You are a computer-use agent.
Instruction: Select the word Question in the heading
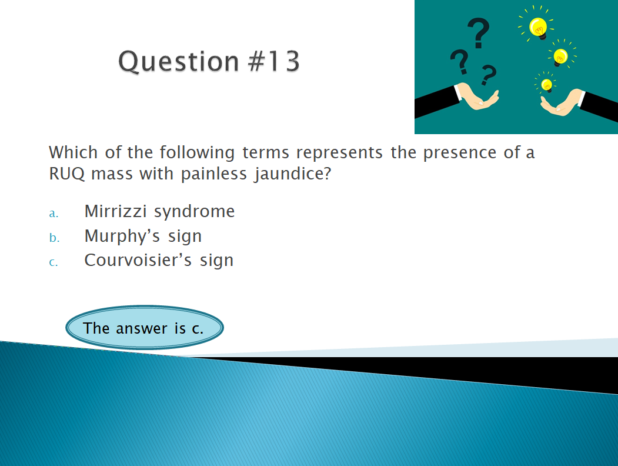pos(179,62)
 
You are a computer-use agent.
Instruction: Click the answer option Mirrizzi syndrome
pos(159,212)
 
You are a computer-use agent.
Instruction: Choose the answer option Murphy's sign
pos(143,237)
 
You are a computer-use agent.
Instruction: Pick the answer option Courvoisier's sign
pos(159,261)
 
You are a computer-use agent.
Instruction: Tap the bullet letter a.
pos(54,214)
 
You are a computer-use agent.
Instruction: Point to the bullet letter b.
pos(54,237)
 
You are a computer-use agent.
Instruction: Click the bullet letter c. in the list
pos(54,262)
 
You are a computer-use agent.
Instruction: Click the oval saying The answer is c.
pos(145,328)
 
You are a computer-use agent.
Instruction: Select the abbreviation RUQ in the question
pos(66,174)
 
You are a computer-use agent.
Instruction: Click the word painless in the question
pos(213,174)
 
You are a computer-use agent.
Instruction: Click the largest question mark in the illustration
pos(479,32)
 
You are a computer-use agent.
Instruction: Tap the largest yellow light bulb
pos(538,27)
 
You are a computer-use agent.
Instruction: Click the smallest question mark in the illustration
pos(488,75)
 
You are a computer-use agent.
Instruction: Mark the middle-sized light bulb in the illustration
pos(560,56)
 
